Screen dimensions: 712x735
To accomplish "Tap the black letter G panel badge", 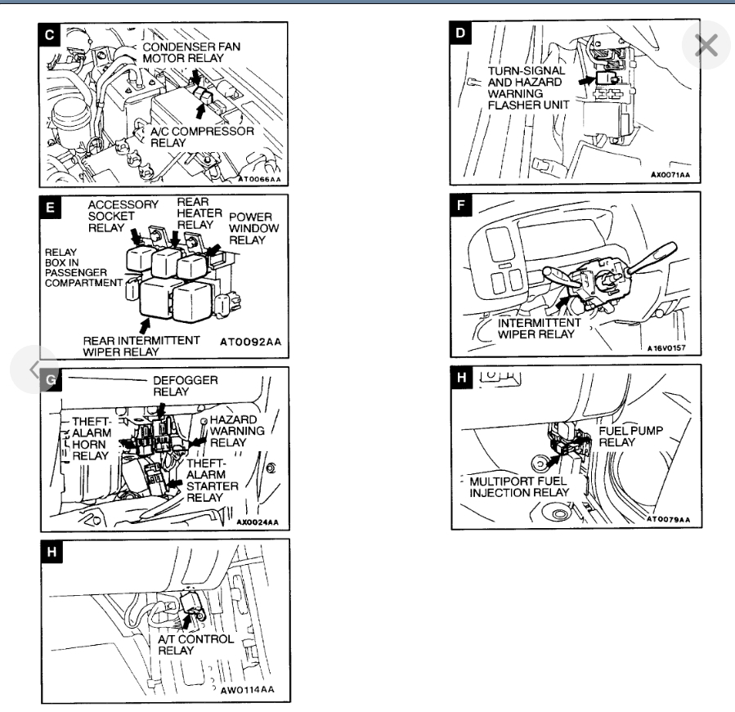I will point(51,380).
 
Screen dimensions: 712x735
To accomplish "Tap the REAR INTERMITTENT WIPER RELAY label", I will point(142,347).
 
